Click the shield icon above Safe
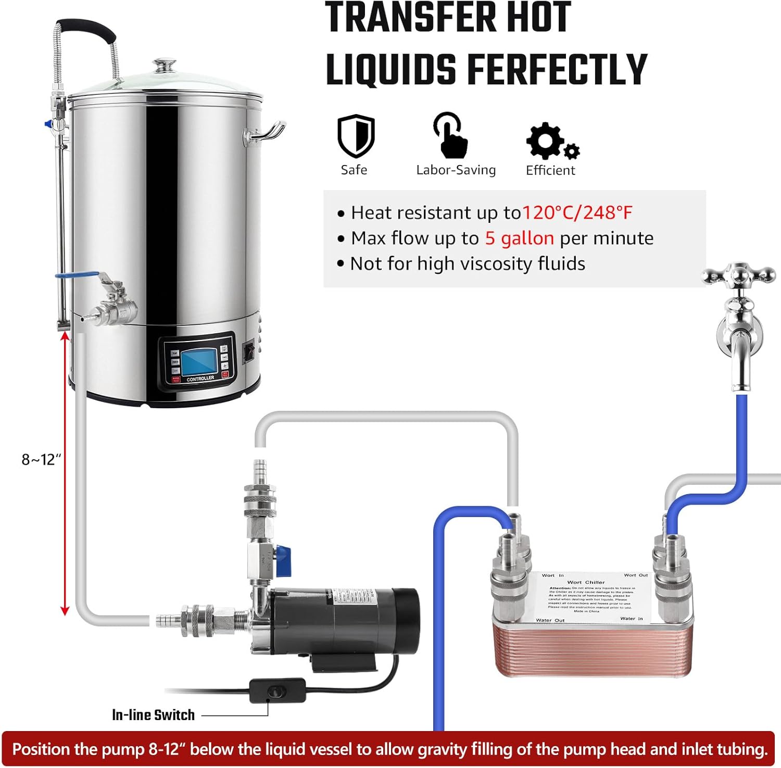tap(356, 136)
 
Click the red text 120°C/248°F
tap(577, 212)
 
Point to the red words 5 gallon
tap(519, 238)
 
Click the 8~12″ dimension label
tap(41, 459)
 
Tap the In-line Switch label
tap(153, 715)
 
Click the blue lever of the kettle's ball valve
tap(78, 276)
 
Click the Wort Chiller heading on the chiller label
tap(586, 582)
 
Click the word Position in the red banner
tap(41, 749)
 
